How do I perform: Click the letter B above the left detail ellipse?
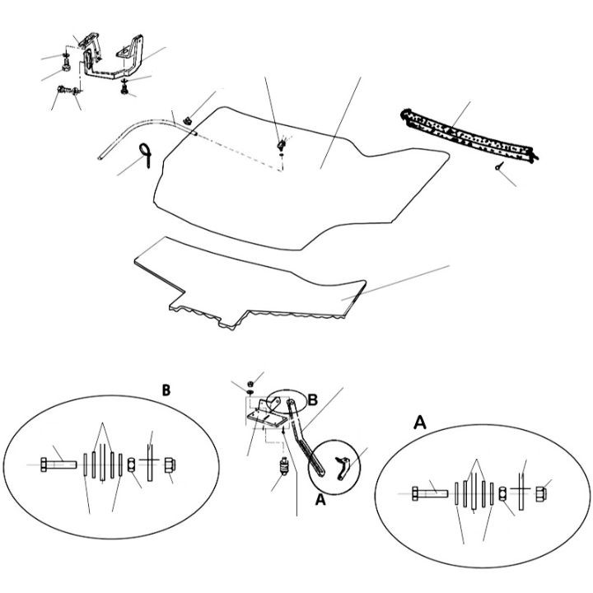tap(166, 390)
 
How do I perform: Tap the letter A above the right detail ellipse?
tap(420, 422)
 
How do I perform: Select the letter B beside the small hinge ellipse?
tap(313, 399)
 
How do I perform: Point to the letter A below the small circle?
tap(320, 500)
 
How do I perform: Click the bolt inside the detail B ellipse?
tap(58, 465)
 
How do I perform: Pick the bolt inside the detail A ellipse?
tap(430, 493)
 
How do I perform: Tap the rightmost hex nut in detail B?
tap(170, 465)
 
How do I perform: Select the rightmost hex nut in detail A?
tap(541, 494)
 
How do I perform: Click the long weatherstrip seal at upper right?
tap(469, 137)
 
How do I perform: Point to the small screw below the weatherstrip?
tap(499, 166)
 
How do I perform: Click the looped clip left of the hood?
tap(146, 155)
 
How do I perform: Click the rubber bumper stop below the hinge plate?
tap(283, 466)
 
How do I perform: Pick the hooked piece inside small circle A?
tap(343, 468)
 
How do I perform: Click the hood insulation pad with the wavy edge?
tap(250, 282)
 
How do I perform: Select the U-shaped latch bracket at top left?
tap(114, 58)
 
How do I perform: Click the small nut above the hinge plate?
tap(250, 384)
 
